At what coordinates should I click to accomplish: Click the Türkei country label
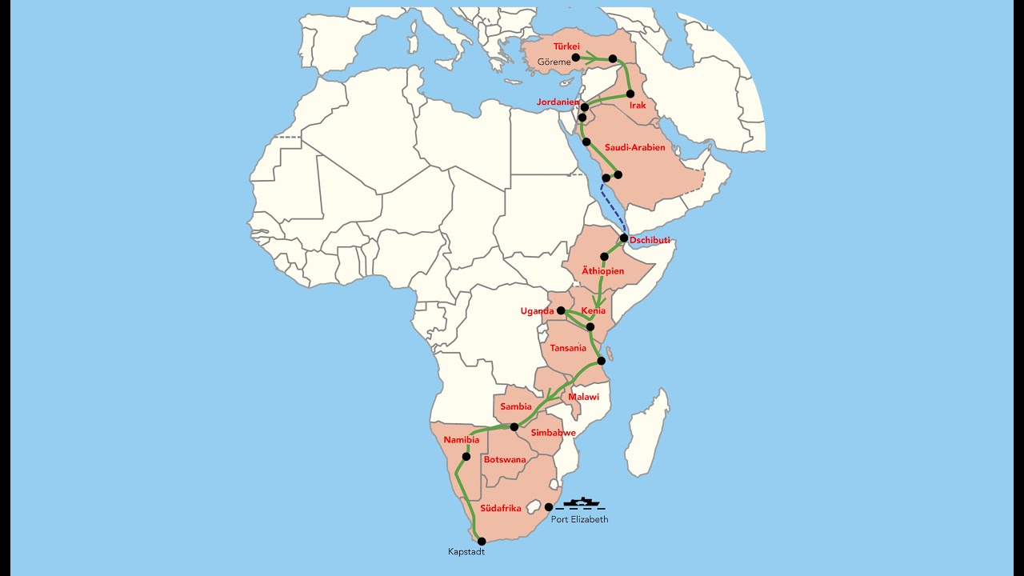[x=566, y=47]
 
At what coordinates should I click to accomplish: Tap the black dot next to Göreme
[x=576, y=58]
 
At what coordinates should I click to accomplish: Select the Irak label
[x=638, y=106]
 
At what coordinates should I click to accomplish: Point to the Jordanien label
[x=558, y=102]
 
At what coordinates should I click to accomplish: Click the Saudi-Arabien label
[x=634, y=148]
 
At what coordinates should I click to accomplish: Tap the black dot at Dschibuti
[x=624, y=238]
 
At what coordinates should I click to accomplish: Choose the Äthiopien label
[x=602, y=271]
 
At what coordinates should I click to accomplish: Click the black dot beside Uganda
[x=561, y=310]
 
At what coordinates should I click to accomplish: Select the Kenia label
[x=594, y=310]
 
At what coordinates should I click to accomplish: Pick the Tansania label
[x=568, y=348]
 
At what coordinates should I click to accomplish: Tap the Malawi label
[x=583, y=397]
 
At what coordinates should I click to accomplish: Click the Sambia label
[x=516, y=406]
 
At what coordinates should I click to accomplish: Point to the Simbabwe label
[x=553, y=433]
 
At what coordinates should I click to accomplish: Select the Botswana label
[x=505, y=459]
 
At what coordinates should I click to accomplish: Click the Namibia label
[x=462, y=440]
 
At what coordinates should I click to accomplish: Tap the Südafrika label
[x=501, y=508]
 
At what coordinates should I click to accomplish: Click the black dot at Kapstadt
[x=482, y=542]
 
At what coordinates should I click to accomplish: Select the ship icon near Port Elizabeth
[x=581, y=502]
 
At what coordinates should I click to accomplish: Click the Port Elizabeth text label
[x=579, y=519]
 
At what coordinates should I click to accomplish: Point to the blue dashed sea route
[x=614, y=206]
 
